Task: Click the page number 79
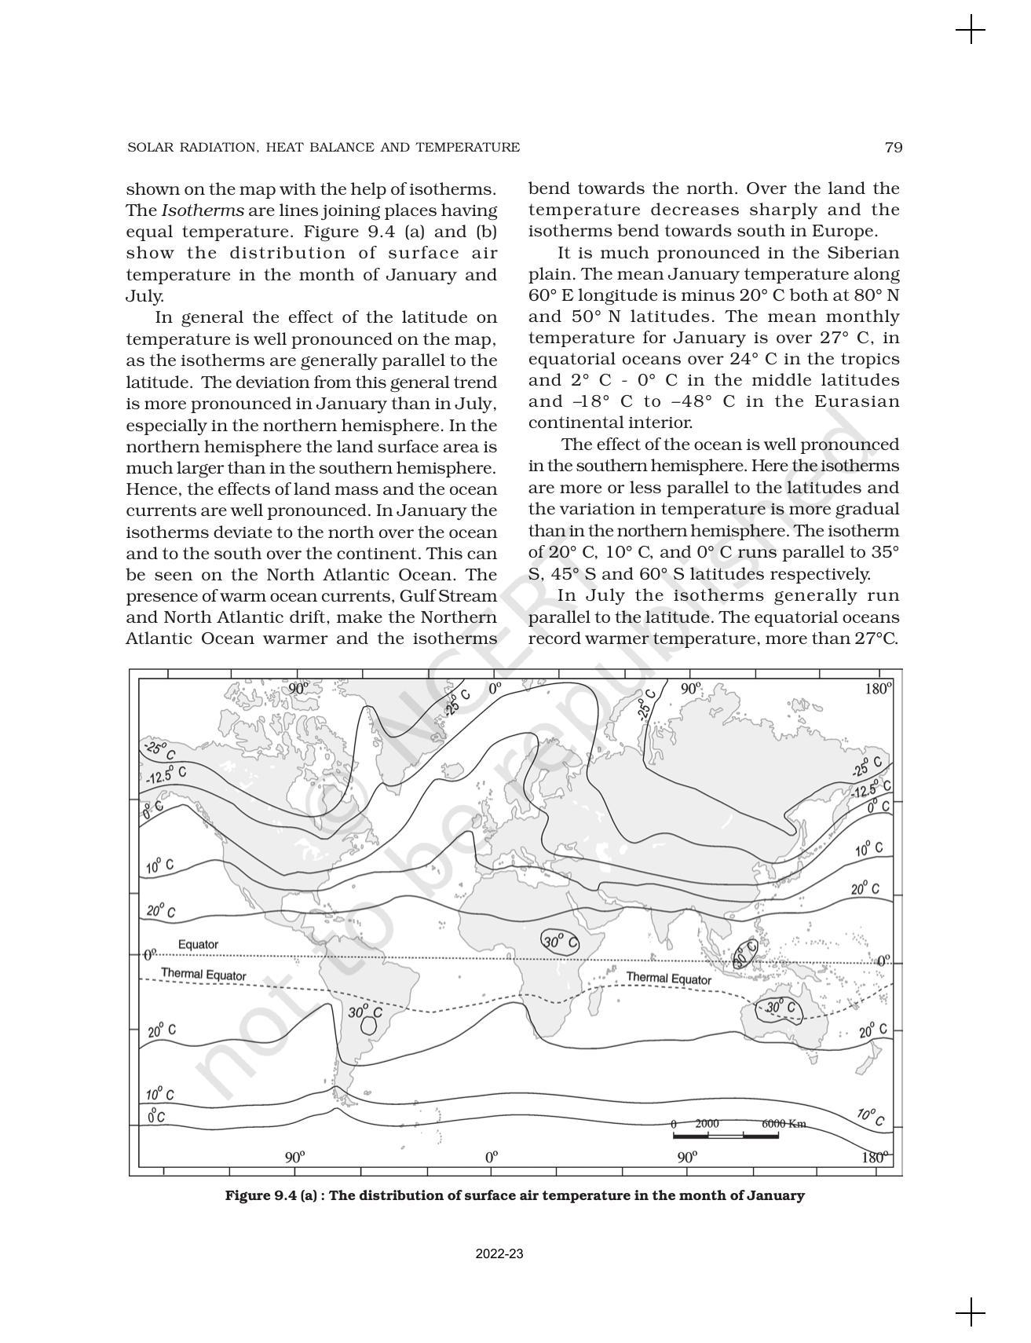click(x=893, y=148)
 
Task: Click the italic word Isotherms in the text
click(x=203, y=210)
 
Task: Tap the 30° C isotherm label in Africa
click(x=559, y=942)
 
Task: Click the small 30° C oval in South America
click(x=369, y=1025)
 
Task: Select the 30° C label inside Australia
click(x=780, y=1008)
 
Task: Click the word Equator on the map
click(x=198, y=944)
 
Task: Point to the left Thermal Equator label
click(x=203, y=975)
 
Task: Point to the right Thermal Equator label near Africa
click(x=668, y=979)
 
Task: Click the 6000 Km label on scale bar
click(x=784, y=1124)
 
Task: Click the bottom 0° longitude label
click(x=492, y=1157)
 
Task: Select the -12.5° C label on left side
click(x=166, y=775)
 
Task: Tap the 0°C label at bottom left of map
click(x=156, y=1116)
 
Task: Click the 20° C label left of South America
click(x=161, y=1030)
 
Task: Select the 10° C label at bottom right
click(x=869, y=1117)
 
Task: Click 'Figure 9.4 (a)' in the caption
click(x=271, y=1195)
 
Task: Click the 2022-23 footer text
click(x=499, y=1254)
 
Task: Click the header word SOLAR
click(x=146, y=148)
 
